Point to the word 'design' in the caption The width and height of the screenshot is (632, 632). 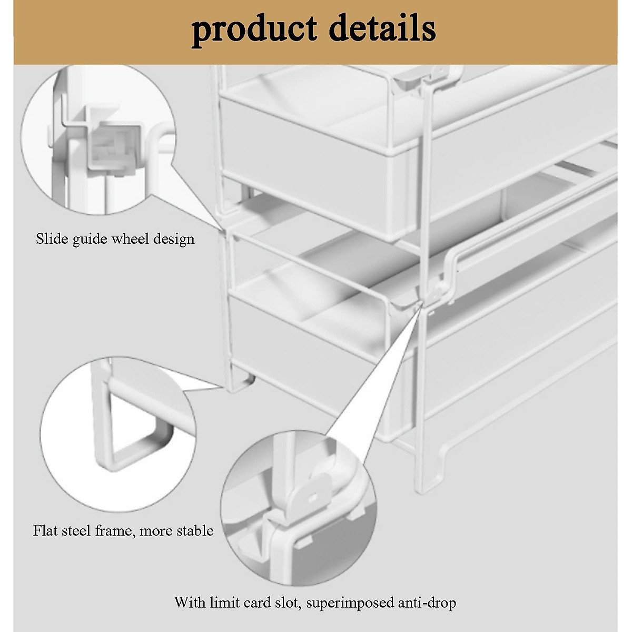pos(174,240)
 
